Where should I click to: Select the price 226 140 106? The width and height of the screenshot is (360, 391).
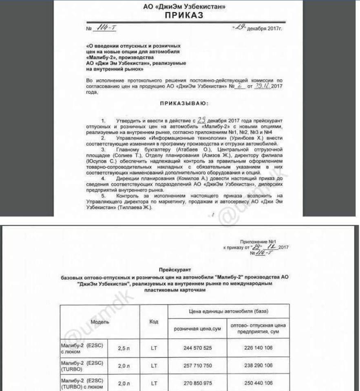tap(258, 348)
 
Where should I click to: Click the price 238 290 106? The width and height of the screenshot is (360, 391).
tap(258, 366)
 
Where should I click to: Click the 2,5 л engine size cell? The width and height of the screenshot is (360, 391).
tap(123, 349)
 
